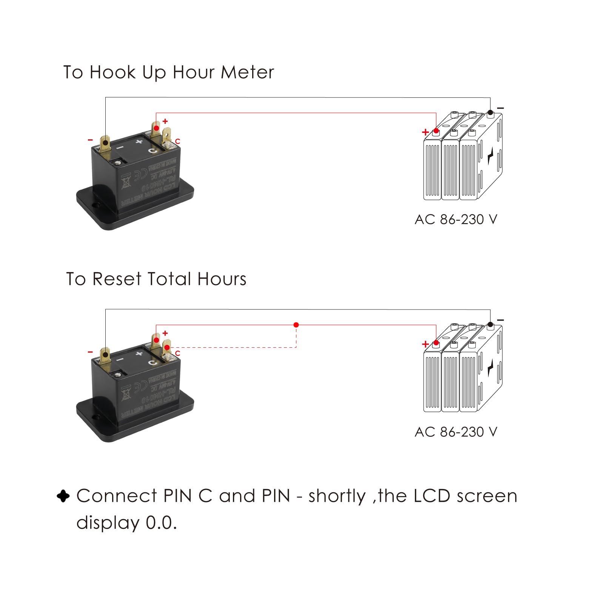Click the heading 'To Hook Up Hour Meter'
168,72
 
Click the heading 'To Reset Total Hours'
156,279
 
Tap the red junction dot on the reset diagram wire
296,325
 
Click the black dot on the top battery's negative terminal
490,112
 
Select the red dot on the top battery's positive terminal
436,131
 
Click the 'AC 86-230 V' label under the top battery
456,219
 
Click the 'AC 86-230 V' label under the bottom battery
456,431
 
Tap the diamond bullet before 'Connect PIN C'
63,496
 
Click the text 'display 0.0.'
126,523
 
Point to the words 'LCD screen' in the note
465,496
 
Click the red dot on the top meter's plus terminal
156,128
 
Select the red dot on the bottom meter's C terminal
167,347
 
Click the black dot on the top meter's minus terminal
105,143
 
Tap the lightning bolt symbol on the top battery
490,156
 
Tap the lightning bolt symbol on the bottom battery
490,368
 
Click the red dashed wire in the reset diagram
234,347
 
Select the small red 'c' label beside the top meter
177,141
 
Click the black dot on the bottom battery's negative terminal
490,324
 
